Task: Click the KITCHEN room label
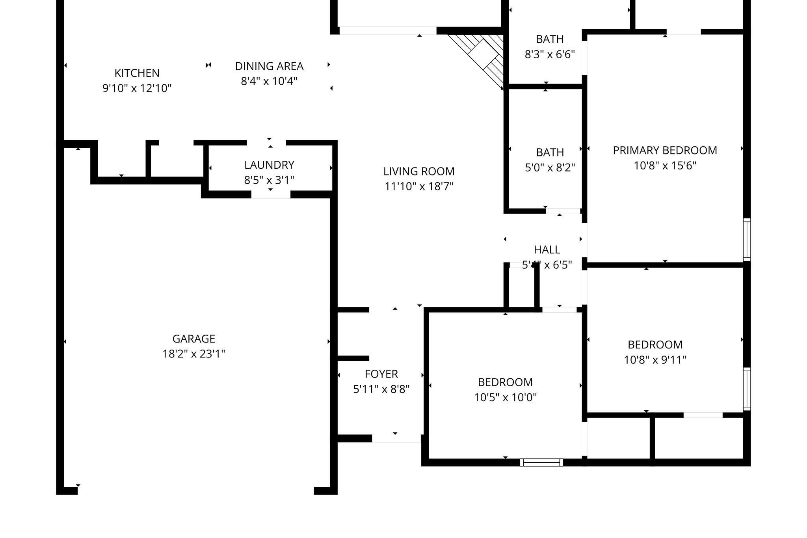(x=137, y=73)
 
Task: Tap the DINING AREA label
(x=269, y=66)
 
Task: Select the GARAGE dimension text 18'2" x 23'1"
(x=194, y=354)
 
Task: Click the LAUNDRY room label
(x=269, y=165)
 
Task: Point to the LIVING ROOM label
(x=419, y=171)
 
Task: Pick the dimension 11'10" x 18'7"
(x=419, y=186)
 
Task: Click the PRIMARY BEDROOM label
(x=665, y=150)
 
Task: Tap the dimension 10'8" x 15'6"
(x=665, y=166)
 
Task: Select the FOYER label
(x=381, y=374)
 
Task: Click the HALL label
(x=547, y=249)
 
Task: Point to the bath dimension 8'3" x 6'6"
(x=550, y=54)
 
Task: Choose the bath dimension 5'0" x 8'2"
(x=550, y=168)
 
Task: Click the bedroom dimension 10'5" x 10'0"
(x=505, y=397)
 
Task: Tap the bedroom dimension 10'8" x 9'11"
(x=655, y=360)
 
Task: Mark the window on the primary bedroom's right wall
(x=747, y=239)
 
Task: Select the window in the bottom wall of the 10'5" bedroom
(x=541, y=462)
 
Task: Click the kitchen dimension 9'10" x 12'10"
(x=137, y=88)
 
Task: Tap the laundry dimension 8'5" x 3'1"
(x=269, y=180)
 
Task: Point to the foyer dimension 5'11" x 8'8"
(x=381, y=389)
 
